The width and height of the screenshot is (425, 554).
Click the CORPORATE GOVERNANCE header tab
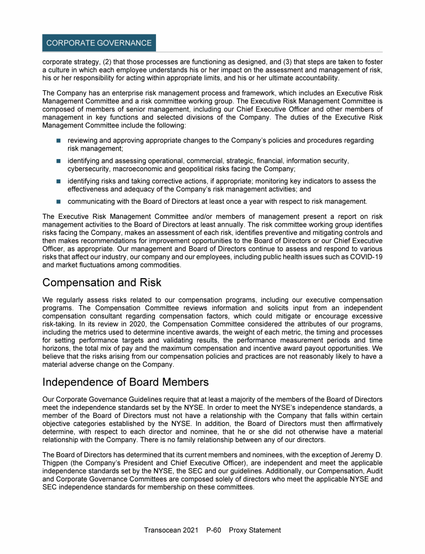pos(99,43)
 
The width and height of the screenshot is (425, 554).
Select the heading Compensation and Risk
pos(102,283)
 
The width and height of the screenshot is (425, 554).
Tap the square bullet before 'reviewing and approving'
pos(58,141)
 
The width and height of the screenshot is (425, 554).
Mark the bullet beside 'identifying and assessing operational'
pos(58,161)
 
